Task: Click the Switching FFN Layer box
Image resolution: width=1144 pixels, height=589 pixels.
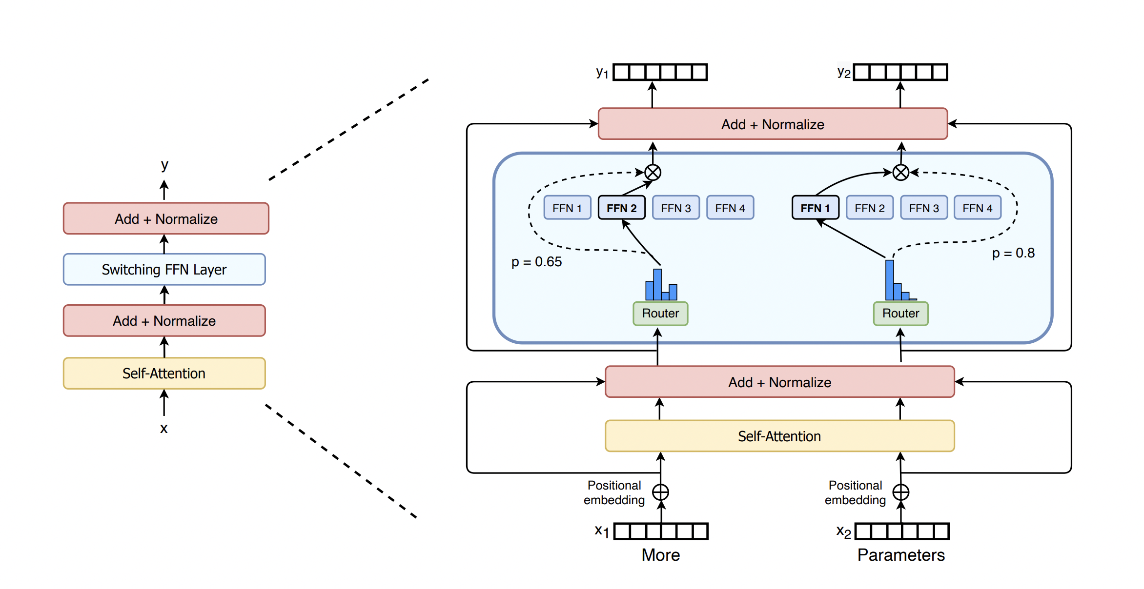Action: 164,269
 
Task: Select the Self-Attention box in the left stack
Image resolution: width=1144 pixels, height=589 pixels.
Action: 164,373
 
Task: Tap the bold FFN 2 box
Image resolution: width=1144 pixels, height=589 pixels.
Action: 621,208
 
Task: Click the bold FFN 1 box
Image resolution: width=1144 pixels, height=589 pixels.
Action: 815,208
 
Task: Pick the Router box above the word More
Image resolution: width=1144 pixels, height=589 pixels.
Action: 660,314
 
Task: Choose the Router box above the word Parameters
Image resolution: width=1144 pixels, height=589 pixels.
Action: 900,314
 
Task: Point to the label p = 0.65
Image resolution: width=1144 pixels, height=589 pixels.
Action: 536,262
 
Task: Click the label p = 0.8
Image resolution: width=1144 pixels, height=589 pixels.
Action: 1013,253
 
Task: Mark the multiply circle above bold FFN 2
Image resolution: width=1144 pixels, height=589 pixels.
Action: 653,172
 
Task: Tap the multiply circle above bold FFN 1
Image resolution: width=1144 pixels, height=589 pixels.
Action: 900,172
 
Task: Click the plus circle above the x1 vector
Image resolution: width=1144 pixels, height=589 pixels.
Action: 660,492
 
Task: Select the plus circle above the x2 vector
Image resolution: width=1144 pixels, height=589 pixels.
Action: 900,492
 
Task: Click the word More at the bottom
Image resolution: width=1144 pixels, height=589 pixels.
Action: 660,555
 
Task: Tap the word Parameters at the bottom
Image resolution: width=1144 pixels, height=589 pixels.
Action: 900,555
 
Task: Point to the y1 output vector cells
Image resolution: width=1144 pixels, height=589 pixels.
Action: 660,72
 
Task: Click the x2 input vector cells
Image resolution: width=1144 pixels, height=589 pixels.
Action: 902,531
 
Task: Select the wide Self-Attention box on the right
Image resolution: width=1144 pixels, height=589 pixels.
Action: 779,436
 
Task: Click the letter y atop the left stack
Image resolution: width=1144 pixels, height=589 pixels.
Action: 164,165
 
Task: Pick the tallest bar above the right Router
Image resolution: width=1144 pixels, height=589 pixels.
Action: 889,280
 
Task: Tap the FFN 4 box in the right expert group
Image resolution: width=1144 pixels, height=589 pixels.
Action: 977,208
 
